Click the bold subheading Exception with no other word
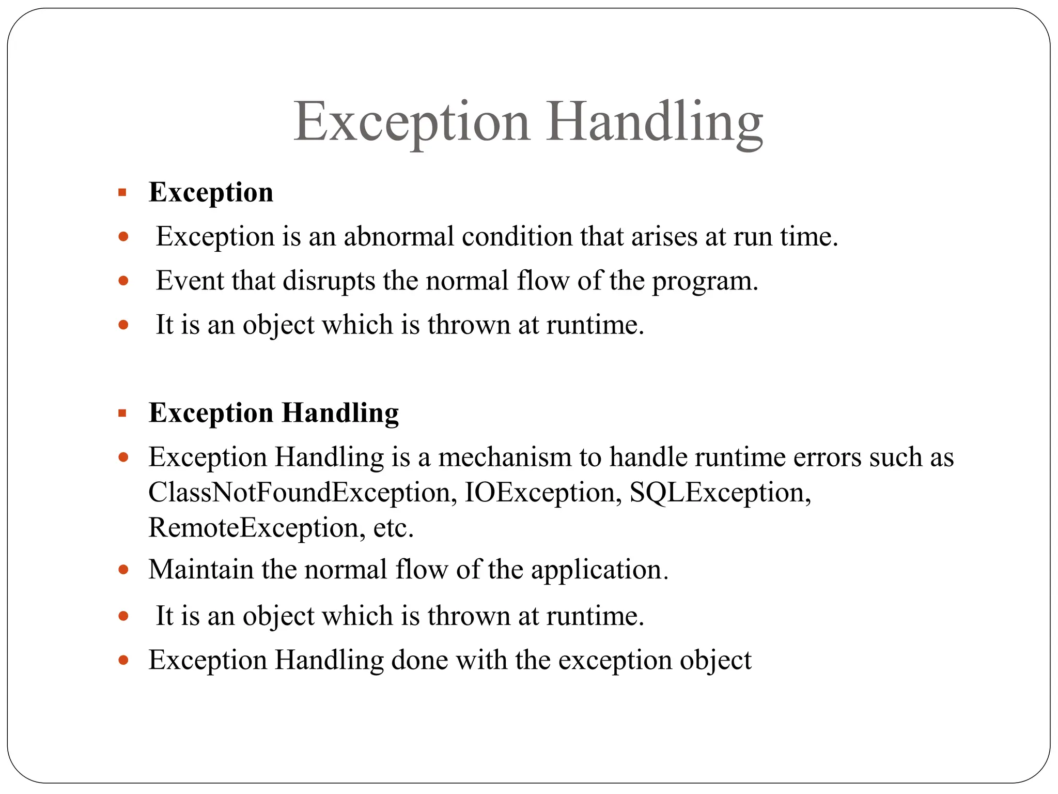tap(211, 192)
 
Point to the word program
tap(704, 281)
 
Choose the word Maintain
tap(201, 570)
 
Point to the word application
tap(599, 570)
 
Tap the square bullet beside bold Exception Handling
tap(122, 414)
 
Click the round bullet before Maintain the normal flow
tap(123, 570)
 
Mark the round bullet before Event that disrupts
tap(123, 281)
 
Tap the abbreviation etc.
tap(393, 528)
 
